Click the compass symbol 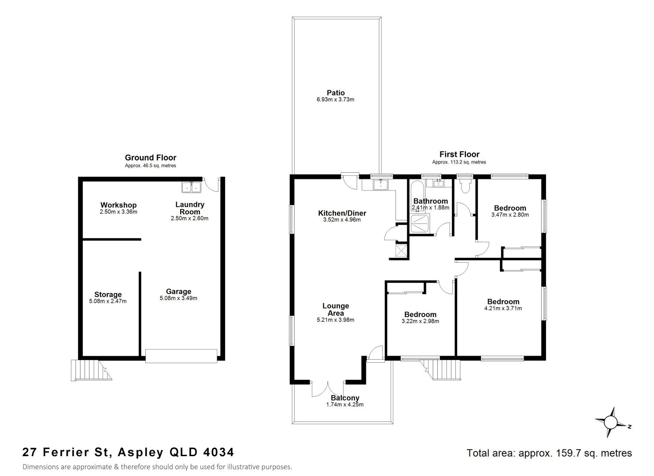coord(611,422)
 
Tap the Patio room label coord(336,93)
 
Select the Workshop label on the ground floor coord(118,205)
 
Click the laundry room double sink coord(191,187)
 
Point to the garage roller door coord(181,356)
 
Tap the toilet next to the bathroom coord(464,186)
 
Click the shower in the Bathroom coord(420,223)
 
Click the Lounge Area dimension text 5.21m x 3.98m coord(336,320)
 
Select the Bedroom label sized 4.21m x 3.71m coord(503,302)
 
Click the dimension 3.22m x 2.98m coord(420,321)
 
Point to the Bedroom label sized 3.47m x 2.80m coord(510,208)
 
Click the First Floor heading coord(459,154)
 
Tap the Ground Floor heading coord(151,158)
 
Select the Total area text coord(549,453)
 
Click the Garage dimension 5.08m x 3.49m coord(178,298)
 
